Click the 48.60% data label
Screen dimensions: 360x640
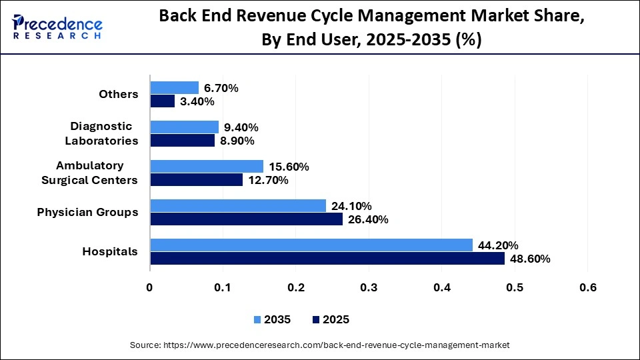point(530,259)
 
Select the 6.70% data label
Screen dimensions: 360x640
point(221,88)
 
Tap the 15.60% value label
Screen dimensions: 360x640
point(289,167)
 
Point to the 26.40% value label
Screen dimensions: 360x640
point(368,219)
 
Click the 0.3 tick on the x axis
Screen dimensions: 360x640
point(369,287)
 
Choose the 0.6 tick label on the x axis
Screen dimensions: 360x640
point(587,287)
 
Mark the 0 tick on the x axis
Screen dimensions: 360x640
point(150,287)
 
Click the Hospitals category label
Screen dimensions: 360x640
point(110,252)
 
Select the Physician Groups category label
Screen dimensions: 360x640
point(87,213)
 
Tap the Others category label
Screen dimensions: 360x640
point(119,95)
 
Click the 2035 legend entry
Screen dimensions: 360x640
point(271,319)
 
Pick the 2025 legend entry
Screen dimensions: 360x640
point(330,319)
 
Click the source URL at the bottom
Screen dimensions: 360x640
point(320,345)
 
